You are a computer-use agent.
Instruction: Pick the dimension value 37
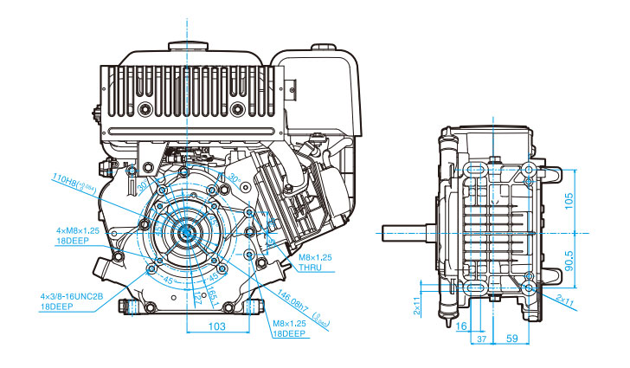[x=481, y=340]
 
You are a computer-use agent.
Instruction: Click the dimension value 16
[x=460, y=326]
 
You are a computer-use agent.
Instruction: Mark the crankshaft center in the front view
[x=186, y=231]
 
